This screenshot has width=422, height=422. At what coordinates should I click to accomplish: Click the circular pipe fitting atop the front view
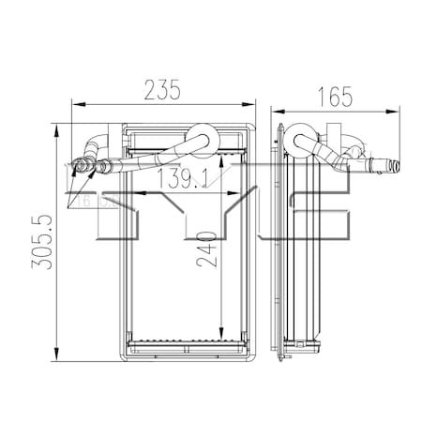pos(201,137)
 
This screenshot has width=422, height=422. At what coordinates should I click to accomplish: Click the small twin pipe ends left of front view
pos(83,167)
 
